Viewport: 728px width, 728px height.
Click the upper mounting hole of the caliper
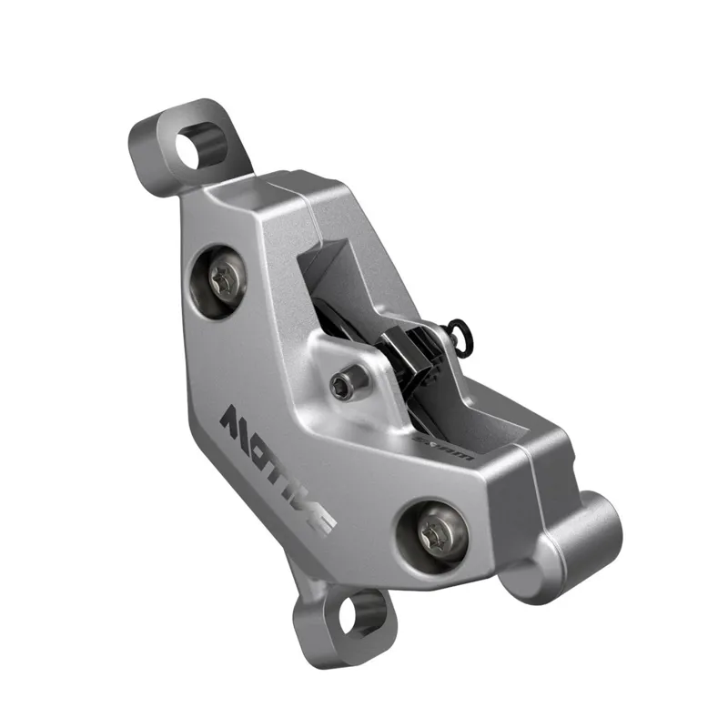tap(195, 145)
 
